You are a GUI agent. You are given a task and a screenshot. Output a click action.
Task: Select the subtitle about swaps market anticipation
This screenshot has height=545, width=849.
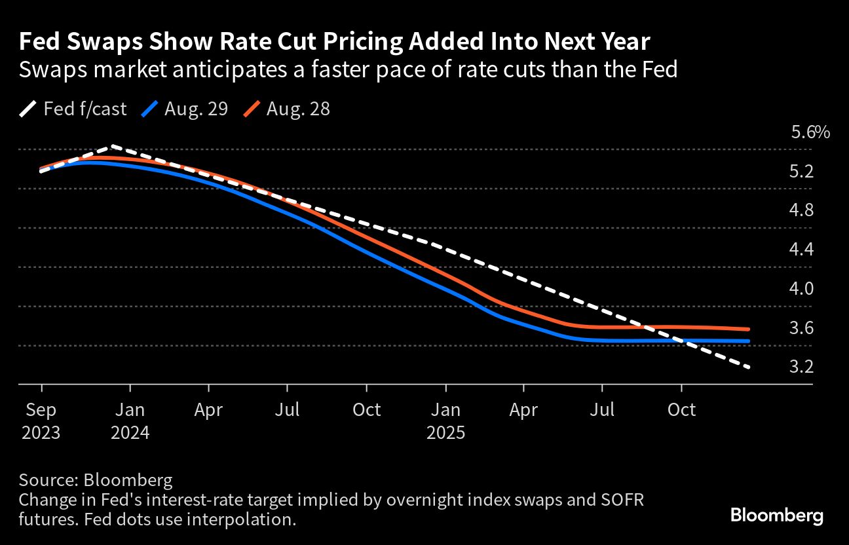point(348,69)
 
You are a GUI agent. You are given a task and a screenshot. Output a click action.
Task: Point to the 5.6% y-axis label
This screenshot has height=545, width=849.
point(810,132)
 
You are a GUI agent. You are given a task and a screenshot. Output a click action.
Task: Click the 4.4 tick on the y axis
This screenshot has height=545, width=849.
point(801,250)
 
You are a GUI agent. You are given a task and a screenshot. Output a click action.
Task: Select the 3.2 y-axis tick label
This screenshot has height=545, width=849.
point(801,367)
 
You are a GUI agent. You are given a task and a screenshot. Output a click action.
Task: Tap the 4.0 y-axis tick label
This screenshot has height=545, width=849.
point(801,289)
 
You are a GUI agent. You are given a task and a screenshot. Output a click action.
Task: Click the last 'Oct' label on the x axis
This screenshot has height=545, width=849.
point(681,410)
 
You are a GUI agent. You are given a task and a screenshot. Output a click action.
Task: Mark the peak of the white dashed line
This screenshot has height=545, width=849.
point(113,146)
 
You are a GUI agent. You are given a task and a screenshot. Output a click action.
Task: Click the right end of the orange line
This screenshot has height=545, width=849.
point(748,329)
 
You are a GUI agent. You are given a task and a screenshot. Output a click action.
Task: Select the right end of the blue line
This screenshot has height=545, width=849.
point(748,341)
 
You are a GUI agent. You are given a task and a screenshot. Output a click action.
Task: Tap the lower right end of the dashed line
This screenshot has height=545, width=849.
point(748,367)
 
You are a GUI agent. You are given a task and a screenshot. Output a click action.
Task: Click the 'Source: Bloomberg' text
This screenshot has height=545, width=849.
point(96,480)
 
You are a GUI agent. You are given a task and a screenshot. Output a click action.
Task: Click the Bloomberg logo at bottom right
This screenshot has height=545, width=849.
point(776,516)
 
